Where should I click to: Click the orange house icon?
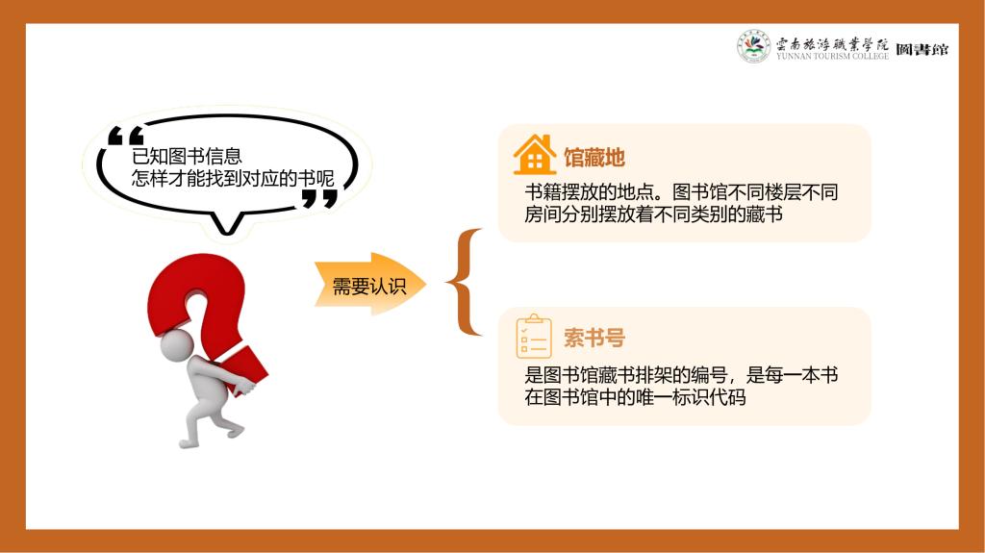coord(535,155)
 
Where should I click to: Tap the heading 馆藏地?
coord(594,157)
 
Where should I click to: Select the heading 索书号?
coord(594,339)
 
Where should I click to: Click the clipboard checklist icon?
coord(534,337)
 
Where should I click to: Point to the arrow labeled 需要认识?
coord(370,285)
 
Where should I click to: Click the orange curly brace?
coord(465,282)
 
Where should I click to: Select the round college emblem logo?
coord(754,46)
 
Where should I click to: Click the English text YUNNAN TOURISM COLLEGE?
coord(832,56)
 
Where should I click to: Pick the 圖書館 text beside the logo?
coord(922,49)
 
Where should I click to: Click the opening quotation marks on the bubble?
coord(126,136)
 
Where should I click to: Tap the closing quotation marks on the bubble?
coord(319,199)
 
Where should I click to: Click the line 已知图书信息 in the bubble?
coord(187,156)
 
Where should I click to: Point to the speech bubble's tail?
coord(227,223)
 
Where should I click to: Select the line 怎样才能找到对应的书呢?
coord(233,178)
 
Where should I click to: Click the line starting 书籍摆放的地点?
coord(682,192)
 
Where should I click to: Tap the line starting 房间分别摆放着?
coord(653,214)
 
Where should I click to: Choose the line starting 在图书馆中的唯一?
coord(635,397)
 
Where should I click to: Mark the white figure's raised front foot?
coord(234,432)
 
